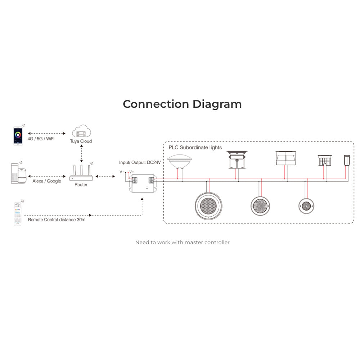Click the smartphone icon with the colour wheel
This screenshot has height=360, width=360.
coord(18,136)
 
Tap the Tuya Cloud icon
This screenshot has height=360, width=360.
coord(81,131)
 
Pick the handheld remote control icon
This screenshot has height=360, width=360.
coord(18,214)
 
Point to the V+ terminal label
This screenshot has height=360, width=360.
coord(131,172)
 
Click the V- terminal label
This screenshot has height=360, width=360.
coord(122,172)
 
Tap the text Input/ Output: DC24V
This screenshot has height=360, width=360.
coord(140,163)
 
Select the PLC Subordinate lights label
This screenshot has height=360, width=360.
coord(195,147)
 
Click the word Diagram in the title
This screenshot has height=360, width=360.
coord(217,104)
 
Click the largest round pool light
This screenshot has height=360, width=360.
coord(208,206)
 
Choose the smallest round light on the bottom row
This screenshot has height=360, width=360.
coord(306,206)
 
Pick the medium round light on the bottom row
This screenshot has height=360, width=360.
coord(260,206)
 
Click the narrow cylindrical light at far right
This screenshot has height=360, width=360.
coord(347,160)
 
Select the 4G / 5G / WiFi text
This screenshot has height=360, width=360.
coord(41,139)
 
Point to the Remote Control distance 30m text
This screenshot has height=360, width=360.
coord(57,220)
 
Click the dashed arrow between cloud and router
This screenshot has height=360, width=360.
coord(81,153)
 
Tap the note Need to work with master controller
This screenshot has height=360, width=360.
coord(182,242)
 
